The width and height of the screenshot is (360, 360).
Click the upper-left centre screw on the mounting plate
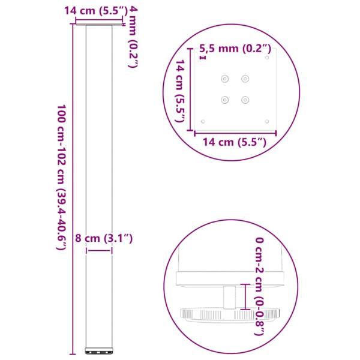[226, 78]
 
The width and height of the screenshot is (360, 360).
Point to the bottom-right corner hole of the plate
[266, 121]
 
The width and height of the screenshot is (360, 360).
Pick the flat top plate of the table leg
[98, 25]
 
